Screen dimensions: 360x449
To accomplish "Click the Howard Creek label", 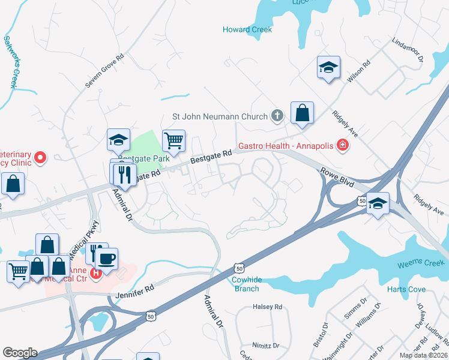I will tap(247, 29).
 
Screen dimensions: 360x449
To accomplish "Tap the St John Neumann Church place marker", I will tap(277, 115).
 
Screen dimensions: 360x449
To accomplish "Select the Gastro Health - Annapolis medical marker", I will tap(342, 145).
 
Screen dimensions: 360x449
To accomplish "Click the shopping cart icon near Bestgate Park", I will tap(173, 141).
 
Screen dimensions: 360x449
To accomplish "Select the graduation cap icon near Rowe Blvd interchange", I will tap(378, 203).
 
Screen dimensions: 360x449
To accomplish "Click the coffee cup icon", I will tap(107, 259).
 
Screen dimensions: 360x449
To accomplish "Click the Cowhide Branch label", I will tap(246, 284).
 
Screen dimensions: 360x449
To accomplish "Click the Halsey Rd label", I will tap(268, 307).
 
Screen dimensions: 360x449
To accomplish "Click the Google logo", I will tap(20, 353).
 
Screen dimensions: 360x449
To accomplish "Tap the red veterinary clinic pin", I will tap(40, 158).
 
